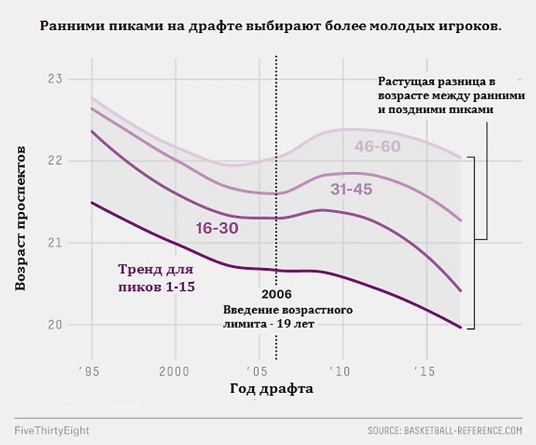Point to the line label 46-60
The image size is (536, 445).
point(377,146)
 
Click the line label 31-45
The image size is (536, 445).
point(351,189)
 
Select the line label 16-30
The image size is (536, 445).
point(217,228)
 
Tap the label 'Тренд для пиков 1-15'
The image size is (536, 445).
point(156,278)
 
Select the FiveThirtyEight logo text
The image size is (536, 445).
point(51,430)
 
